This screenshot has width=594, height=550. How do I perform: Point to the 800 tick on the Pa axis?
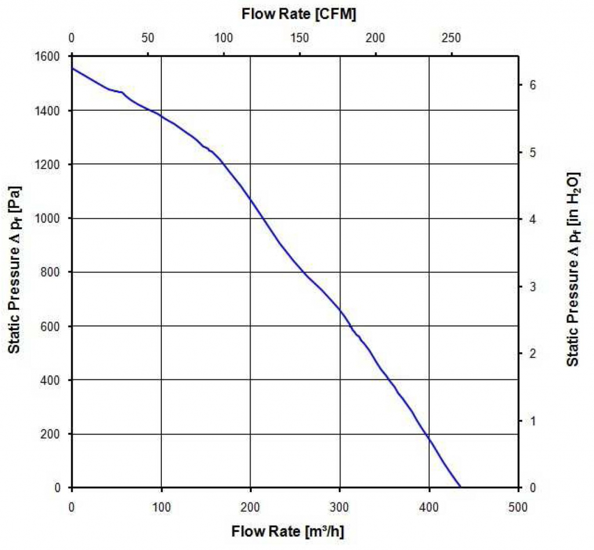click(53, 272)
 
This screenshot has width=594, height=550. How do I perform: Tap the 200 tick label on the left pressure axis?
click(53, 434)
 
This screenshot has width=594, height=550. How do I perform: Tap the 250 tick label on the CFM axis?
click(451, 38)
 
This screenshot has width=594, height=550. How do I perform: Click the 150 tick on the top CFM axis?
click(299, 38)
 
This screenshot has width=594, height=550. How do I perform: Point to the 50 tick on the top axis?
click(147, 38)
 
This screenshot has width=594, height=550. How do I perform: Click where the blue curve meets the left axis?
click(72, 68)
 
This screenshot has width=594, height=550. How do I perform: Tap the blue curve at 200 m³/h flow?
click(251, 200)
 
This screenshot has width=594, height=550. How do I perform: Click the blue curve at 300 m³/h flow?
click(340, 310)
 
